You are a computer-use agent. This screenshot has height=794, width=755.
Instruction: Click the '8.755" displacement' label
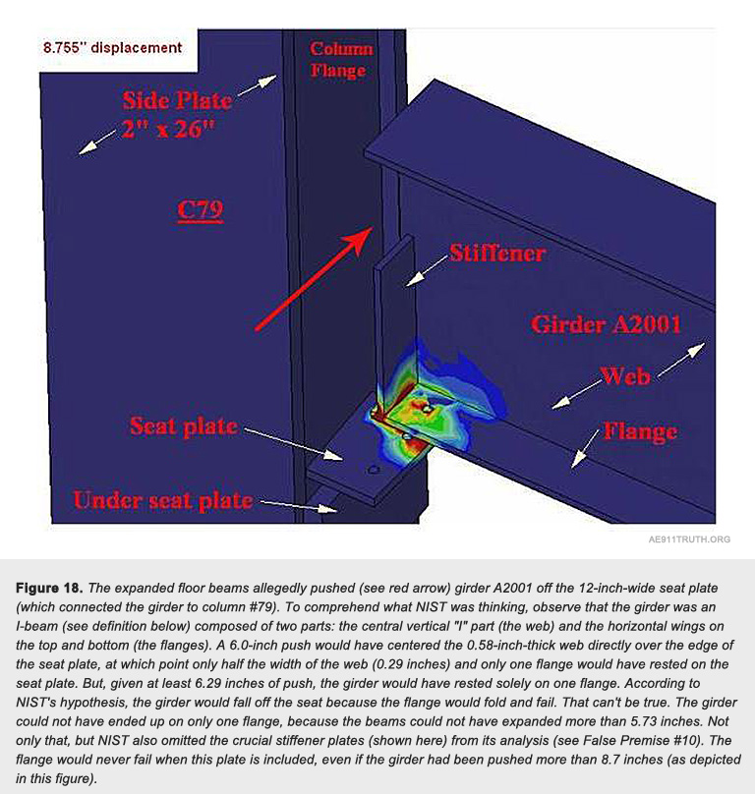pyautogui.click(x=112, y=47)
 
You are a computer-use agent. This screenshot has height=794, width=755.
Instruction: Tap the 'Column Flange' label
pyautogui.click(x=341, y=59)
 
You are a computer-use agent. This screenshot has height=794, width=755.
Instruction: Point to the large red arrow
pyautogui.click(x=314, y=277)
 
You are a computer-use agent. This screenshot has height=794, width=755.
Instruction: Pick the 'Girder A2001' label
pyautogui.click(x=606, y=323)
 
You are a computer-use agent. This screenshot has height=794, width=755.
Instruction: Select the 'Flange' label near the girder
pyautogui.click(x=639, y=431)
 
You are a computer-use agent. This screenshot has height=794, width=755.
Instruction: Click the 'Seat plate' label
pyautogui.click(x=184, y=426)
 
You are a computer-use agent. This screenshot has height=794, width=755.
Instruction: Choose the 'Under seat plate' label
pyautogui.click(x=162, y=501)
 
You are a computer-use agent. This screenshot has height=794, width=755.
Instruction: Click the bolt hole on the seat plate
pyautogui.click(x=374, y=472)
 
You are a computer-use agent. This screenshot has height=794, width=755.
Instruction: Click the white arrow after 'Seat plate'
pyautogui.click(x=290, y=441)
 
